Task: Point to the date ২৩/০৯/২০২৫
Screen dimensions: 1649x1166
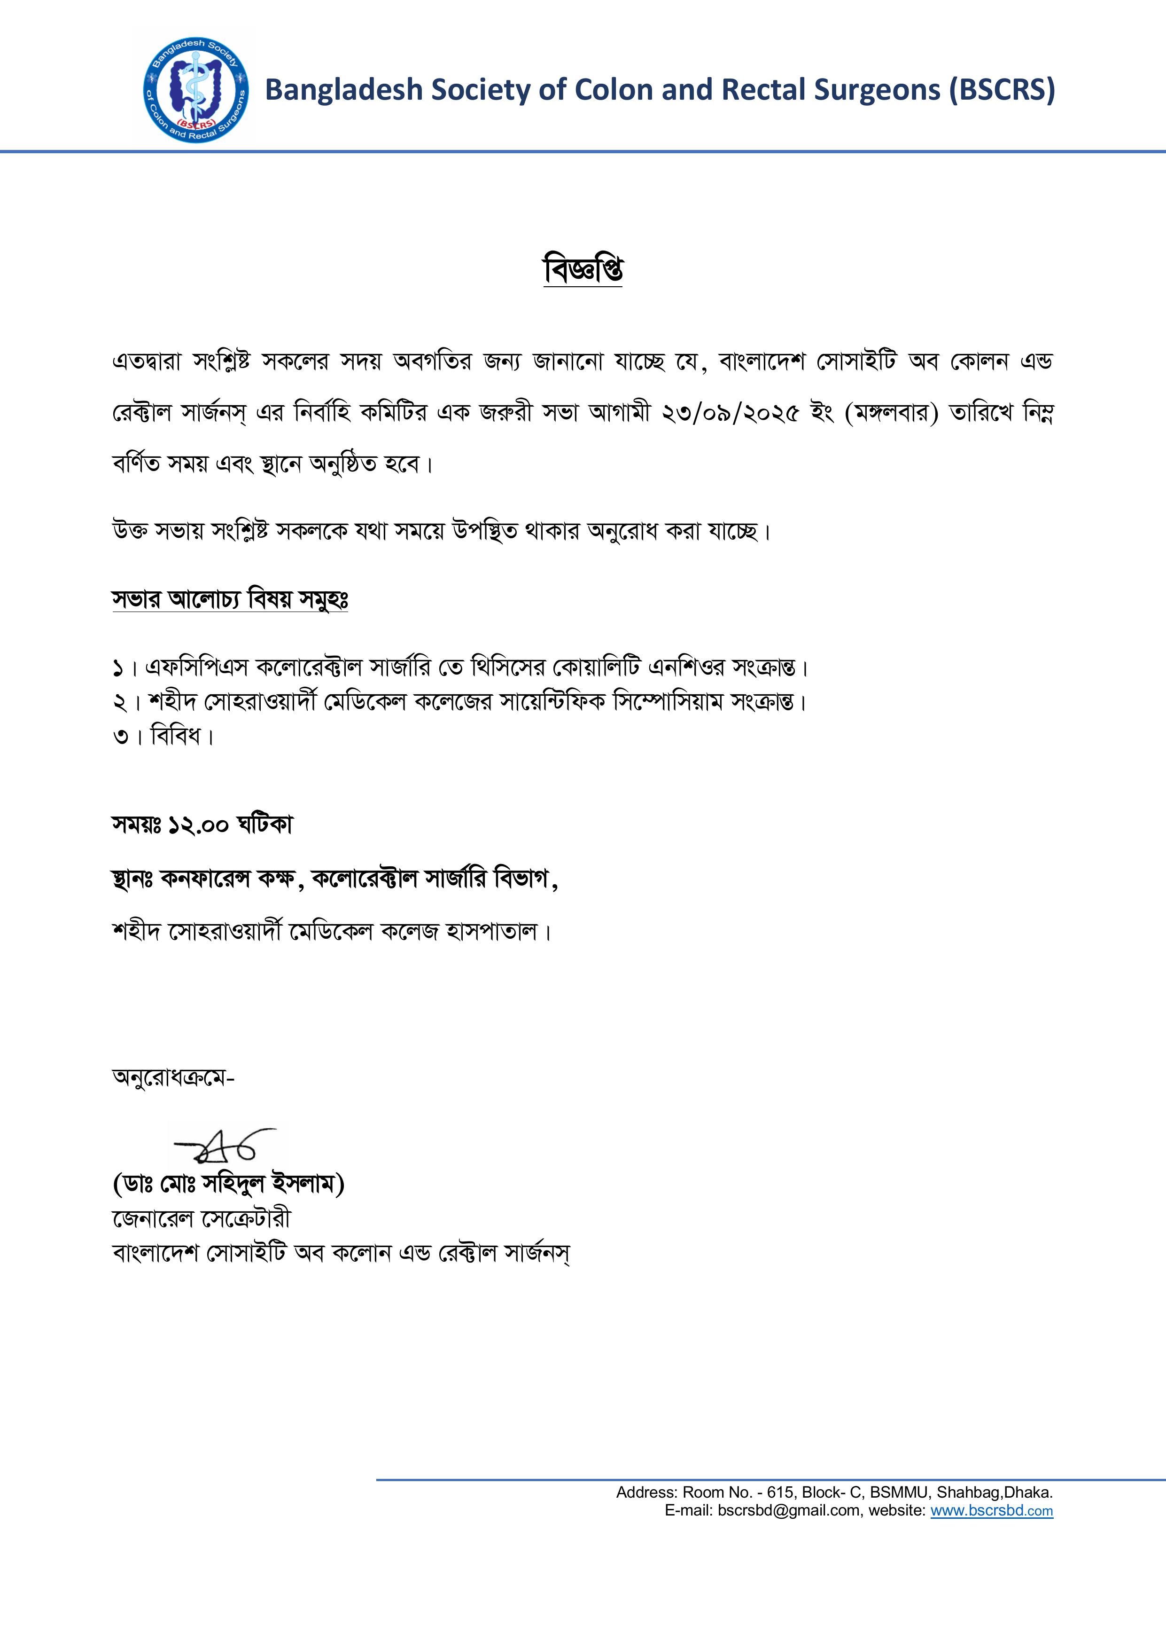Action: point(730,413)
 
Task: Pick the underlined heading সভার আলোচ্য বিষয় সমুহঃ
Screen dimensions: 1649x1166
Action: point(230,599)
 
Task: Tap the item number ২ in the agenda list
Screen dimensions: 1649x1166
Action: point(119,702)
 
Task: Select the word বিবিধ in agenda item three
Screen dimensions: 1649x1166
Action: point(175,736)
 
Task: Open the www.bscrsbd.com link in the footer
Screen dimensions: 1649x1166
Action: point(992,1510)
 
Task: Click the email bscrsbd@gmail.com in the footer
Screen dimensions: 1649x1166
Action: point(789,1510)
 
